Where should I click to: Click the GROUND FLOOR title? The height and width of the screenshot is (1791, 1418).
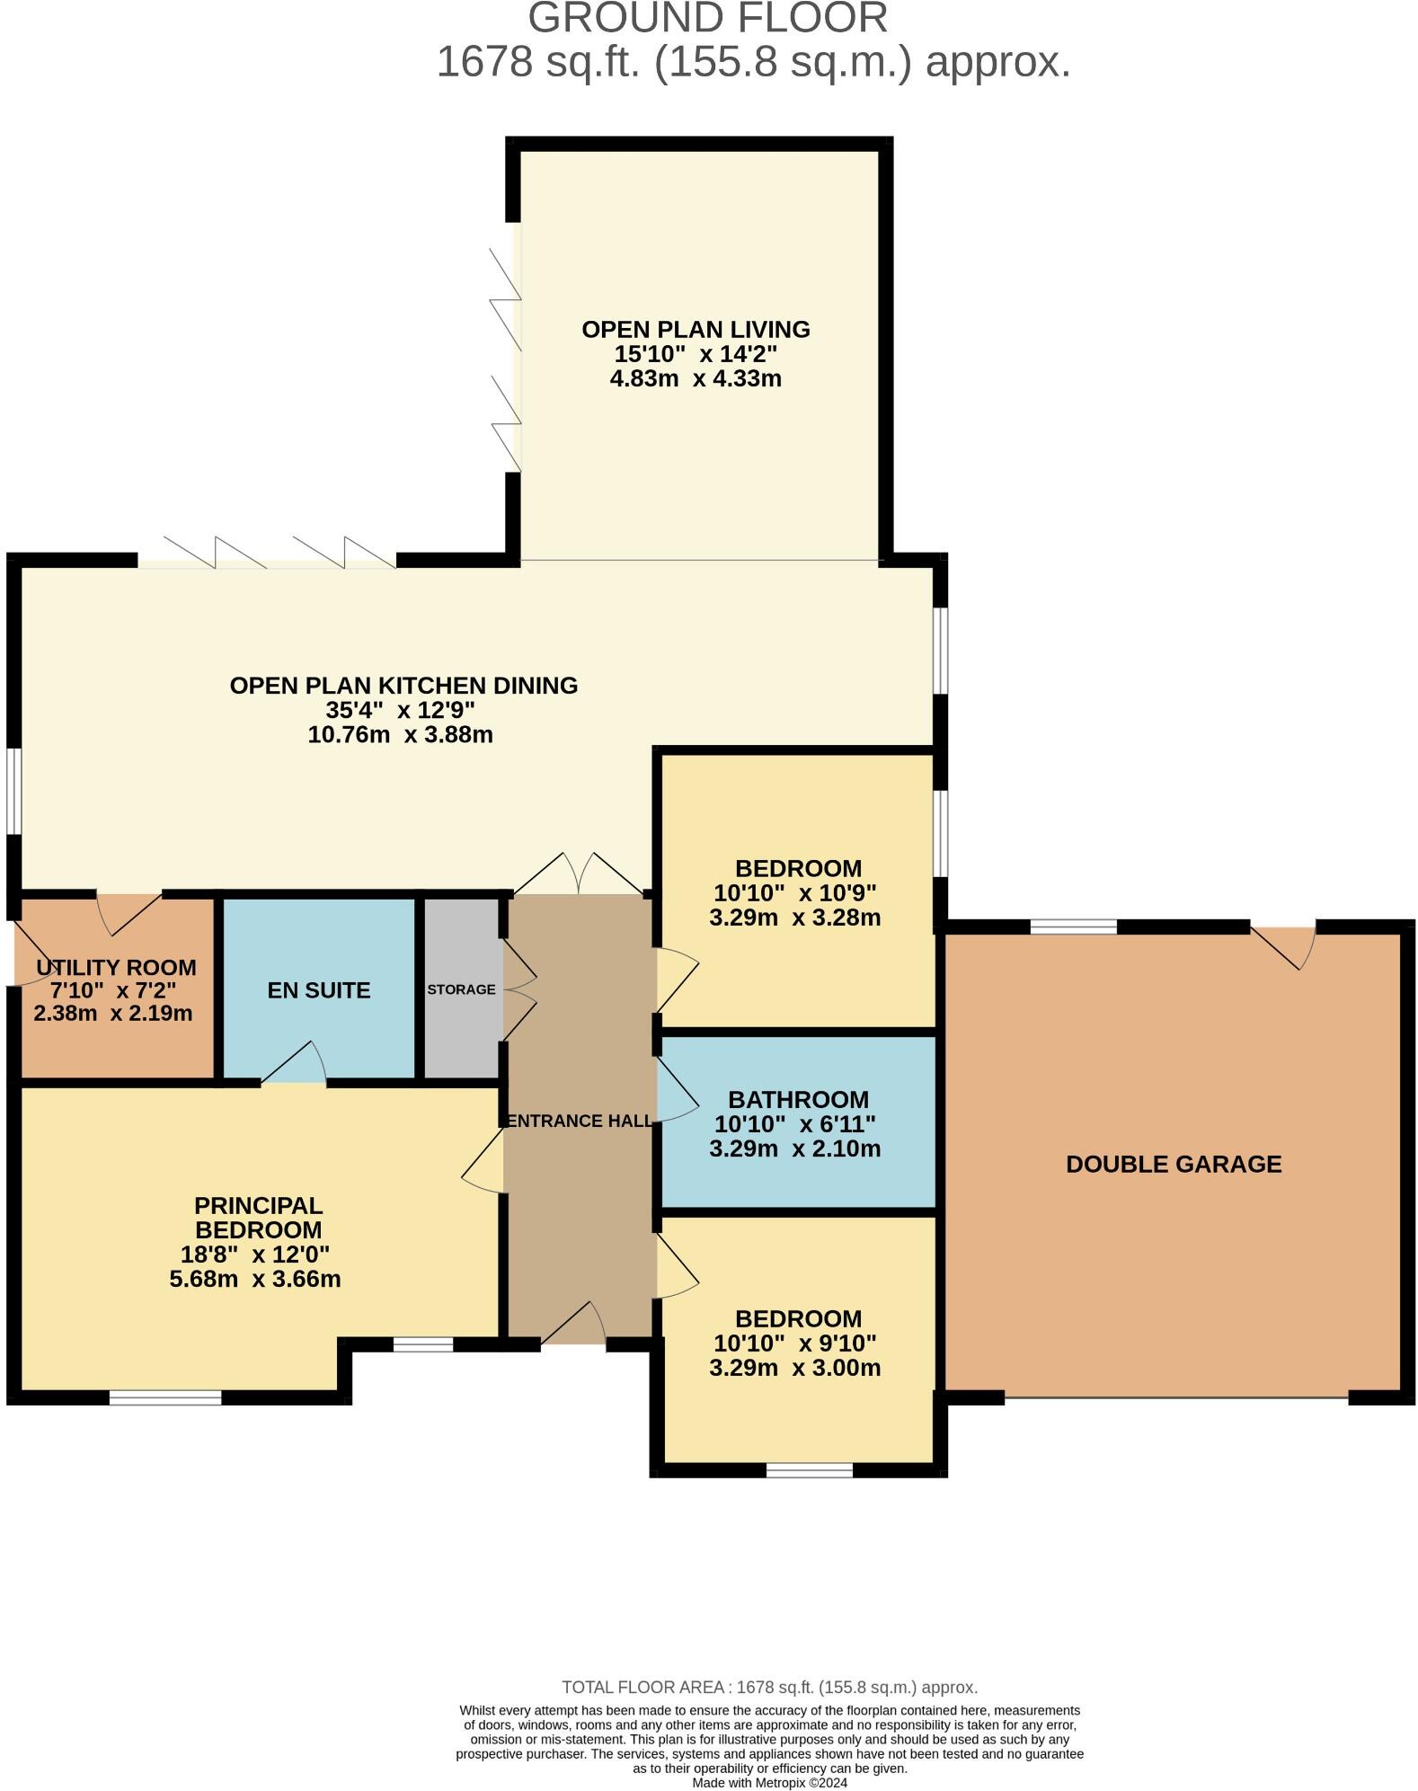tap(707, 18)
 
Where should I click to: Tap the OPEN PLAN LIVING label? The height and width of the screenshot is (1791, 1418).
tap(696, 330)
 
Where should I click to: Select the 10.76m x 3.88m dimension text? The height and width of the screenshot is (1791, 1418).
tap(400, 735)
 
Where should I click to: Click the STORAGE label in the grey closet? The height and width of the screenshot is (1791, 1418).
tap(461, 989)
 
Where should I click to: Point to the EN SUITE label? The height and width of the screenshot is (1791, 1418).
tap(319, 990)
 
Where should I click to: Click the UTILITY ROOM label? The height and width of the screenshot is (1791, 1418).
tap(116, 968)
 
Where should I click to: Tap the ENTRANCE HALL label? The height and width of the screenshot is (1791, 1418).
tap(580, 1121)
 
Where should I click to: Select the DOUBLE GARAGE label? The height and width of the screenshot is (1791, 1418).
tap(1173, 1165)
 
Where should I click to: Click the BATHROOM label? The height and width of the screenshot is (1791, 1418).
tap(798, 1100)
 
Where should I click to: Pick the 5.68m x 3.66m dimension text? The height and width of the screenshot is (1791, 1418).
tap(255, 1279)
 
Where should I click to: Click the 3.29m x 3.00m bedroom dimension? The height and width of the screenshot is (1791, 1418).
tap(794, 1368)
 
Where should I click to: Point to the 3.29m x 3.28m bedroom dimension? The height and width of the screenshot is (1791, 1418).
tap(794, 918)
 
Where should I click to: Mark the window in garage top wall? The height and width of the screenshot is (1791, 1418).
tap(1073, 927)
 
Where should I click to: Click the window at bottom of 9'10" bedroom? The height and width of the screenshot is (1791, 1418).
tap(809, 1470)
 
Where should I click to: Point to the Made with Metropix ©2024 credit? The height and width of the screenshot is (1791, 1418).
tap(769, 1783)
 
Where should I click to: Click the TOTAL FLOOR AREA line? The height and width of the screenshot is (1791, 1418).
tap(769, 1688)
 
